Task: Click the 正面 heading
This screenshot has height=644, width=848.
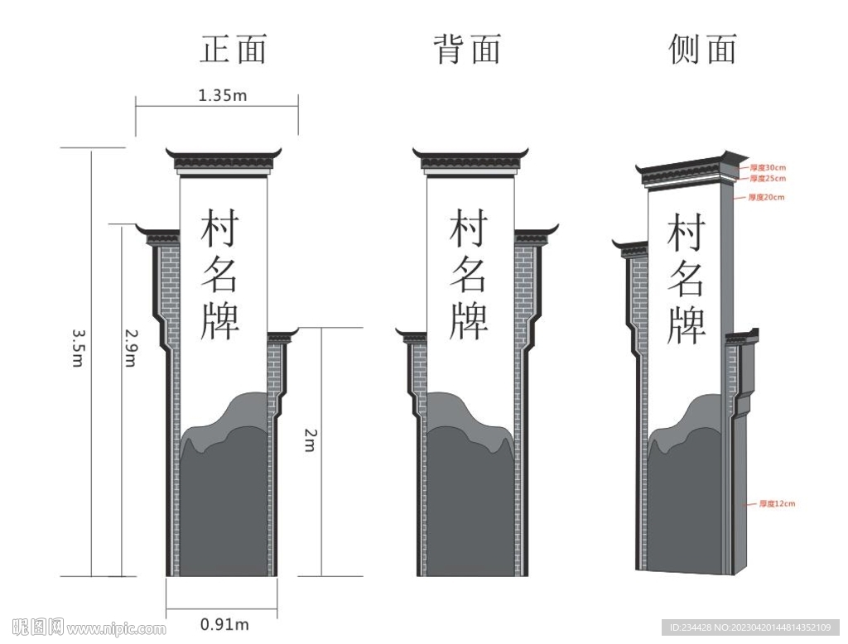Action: coord(234,50)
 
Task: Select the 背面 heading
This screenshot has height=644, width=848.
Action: coord(468,50)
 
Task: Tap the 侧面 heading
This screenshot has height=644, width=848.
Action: coord(702,50)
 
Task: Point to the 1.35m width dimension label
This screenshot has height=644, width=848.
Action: coord(222,95)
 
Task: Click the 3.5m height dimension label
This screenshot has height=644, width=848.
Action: coord(79,348)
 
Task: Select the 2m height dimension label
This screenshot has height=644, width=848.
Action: coord(309,440)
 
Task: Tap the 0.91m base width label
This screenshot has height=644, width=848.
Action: coord(224,623)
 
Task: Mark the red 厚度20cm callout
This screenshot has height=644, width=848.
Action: coord(766,197)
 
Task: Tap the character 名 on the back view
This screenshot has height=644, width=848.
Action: coord(469,274)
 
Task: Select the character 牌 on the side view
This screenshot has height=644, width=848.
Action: coord(687,324)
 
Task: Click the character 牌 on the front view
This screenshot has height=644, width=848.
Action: coord(220,320)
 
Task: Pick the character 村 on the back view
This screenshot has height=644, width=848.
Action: coord(469,228)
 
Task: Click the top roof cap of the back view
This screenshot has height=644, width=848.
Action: coord(470,160)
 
